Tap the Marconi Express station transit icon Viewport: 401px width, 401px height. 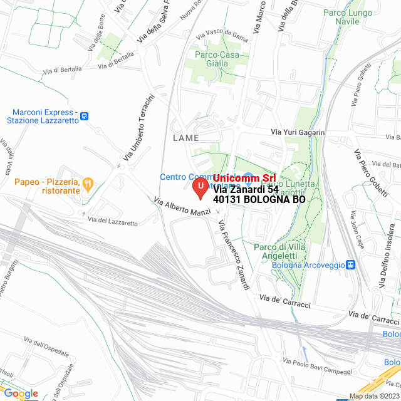click(85, 115)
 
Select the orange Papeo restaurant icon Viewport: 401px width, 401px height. click(88, 184)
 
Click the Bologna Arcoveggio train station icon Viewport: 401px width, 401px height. click(351, 265)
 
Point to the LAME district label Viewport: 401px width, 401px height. click(185, 138)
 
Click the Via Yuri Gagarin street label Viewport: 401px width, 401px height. click(298, 133)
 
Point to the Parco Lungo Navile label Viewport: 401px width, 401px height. click(347, 17)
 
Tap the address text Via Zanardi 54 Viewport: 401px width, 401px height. click(246, 189)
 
